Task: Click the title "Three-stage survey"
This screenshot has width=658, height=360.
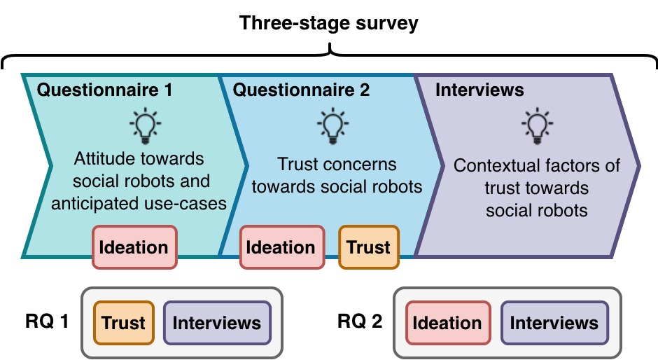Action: (x=329, y=22)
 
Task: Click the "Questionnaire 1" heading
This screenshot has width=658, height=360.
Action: (x=104, y=90)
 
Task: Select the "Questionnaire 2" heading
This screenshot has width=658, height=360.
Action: (x=301, y=90)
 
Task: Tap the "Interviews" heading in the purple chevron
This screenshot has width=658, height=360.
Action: (x=479, y=90)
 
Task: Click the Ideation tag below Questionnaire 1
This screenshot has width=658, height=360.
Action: (x=134, y=247)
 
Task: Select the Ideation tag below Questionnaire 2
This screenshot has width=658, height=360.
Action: (x=282, y=247)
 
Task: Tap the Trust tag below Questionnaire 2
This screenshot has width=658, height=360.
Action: (x=369, y=247)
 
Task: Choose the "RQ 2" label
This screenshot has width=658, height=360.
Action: (x=360, y=322)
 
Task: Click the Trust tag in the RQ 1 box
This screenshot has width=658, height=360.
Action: (x=123, y=323)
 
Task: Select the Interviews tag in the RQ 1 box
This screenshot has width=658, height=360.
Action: (x=217, y=323)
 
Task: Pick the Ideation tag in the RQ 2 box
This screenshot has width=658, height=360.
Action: (x=447, y=323)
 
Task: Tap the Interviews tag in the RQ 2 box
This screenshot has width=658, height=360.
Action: (x=554, y=323)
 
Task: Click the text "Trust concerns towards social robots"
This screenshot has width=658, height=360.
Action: (x=337, y=176)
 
